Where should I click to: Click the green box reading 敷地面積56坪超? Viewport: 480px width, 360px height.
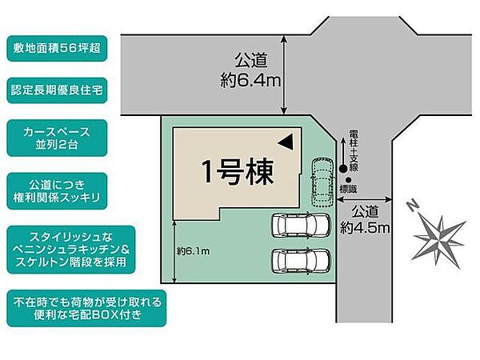(x=57, y=47)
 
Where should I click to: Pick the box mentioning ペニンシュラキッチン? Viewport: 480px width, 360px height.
(x=85, y=248)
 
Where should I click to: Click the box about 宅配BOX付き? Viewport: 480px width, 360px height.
(x=87, y=310)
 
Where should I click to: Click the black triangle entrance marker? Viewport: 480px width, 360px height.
(x=285, y=142)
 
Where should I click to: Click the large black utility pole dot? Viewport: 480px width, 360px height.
(x=344, y=168)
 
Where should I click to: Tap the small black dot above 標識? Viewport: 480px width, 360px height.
(x=349, y=179)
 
